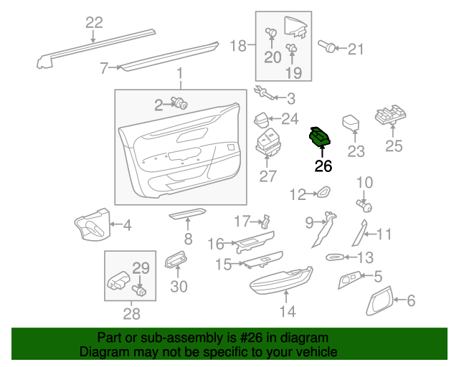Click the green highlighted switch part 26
point(320,136)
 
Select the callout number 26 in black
point(323,166)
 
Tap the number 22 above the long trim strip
point(94,22)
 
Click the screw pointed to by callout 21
point(327,47)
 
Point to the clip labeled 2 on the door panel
point(179,103)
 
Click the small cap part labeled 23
point(351,123)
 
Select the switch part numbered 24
point(261,119)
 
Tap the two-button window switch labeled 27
point(268,141)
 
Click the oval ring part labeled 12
point(323,191)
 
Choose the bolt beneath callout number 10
point(364,206)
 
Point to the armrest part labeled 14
point(281,279)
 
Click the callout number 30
point(179,287)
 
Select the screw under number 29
point(139,290)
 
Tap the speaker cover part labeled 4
point(93,224)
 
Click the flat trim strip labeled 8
point(188,214)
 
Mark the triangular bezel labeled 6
point(379,301)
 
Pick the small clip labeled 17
point(265,221)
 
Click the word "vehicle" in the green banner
point(318,351)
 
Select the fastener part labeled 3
point(265,92)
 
